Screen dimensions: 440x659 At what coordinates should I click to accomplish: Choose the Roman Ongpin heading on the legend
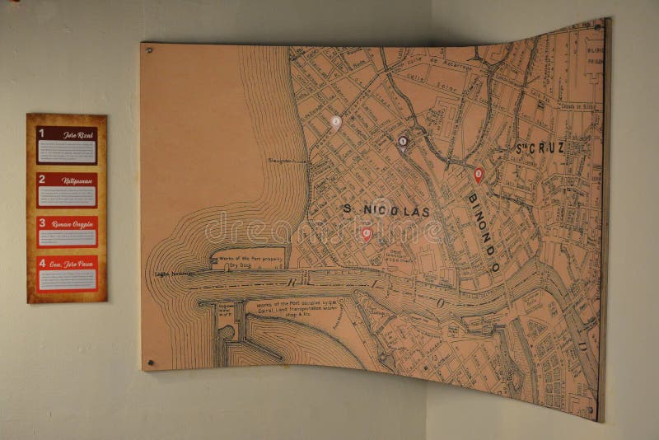(73, 222)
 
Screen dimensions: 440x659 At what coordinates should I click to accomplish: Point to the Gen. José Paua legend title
(73, 264)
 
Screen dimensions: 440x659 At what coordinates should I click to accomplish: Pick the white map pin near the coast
(336, 122)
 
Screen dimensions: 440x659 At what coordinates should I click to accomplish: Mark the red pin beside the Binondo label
(479, 175)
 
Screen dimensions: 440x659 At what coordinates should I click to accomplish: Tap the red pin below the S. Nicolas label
(367, 234)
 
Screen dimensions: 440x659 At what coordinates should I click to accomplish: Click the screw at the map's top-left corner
(150, 50)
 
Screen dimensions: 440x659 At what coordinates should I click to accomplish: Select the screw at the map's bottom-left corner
(150, 362)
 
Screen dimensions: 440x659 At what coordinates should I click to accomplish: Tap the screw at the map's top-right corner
(597, 27)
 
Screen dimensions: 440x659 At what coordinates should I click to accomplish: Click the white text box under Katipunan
(67, 195)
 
